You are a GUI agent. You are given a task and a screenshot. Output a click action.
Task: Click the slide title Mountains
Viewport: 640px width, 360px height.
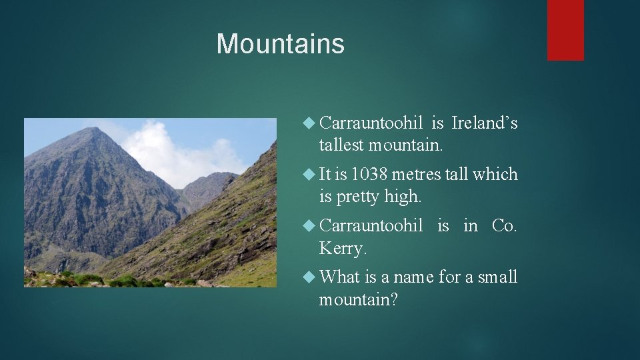click(280, 44)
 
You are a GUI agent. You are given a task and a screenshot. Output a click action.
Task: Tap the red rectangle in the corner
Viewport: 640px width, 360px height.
click(565, 30)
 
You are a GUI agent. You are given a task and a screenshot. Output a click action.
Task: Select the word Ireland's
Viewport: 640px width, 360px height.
click(484, 123)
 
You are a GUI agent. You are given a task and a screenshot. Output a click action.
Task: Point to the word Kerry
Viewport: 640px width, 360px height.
click(342, 249)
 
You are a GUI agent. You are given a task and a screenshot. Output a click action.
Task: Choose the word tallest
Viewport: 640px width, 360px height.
click(341, 145)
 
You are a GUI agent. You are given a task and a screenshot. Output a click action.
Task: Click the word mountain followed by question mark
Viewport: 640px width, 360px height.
click(357, 300)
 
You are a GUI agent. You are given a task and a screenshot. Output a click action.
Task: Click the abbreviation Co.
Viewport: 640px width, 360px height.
click(503, 226)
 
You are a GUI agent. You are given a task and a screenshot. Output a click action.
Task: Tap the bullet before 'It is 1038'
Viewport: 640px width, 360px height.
click(308, 175)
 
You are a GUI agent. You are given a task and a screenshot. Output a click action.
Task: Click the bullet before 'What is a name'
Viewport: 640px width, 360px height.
click(308, 277)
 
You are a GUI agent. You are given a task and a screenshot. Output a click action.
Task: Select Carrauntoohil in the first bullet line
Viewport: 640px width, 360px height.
click(371, 123)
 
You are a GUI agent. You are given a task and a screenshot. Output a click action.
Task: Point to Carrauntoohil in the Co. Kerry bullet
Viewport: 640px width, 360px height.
click(371, 226)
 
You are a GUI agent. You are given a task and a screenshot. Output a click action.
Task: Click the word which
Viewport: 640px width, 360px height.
click(494, 175)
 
